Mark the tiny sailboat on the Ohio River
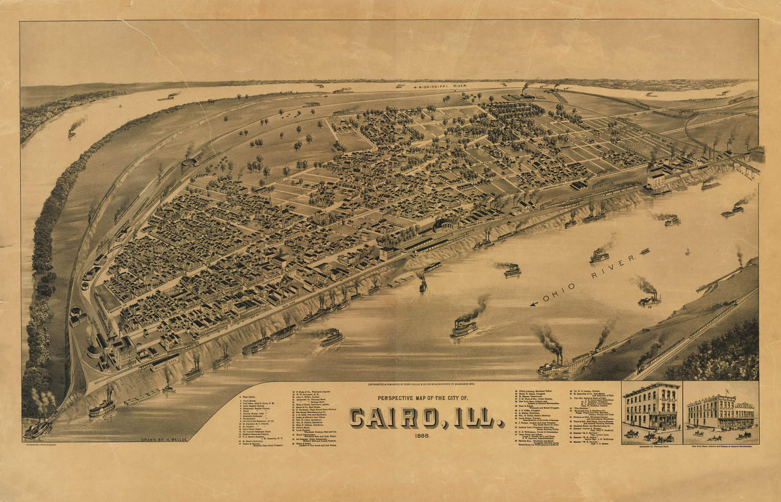tap(688, 252)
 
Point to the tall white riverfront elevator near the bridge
tap(657, 180)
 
